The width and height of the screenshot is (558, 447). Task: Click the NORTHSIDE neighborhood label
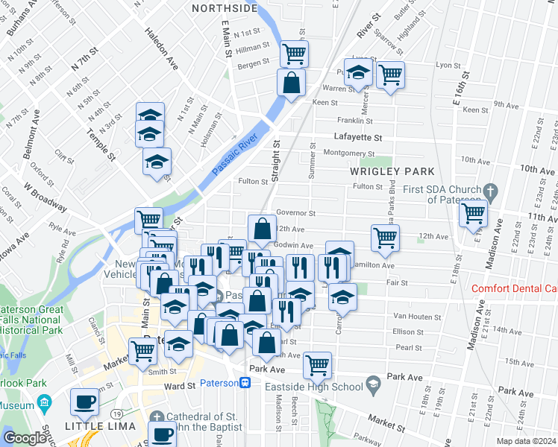(224, 9)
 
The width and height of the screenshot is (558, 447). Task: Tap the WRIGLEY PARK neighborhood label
(392, 171)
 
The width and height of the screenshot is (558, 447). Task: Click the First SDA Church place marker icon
(489, 191)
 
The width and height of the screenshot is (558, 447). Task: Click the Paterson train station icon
(244, 383)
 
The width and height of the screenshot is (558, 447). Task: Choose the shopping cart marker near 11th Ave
(474, 212)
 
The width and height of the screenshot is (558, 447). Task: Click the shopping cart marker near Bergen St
(295, 53)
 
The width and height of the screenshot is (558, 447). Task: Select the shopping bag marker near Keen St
(291, 82)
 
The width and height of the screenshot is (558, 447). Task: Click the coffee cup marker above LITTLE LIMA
(84, 402)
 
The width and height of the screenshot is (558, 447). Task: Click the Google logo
(25, 438)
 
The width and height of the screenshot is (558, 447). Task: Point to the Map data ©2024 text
(527, 441)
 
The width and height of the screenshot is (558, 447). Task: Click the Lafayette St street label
(357, 138)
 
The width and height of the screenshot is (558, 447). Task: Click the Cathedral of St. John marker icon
(156, 416)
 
